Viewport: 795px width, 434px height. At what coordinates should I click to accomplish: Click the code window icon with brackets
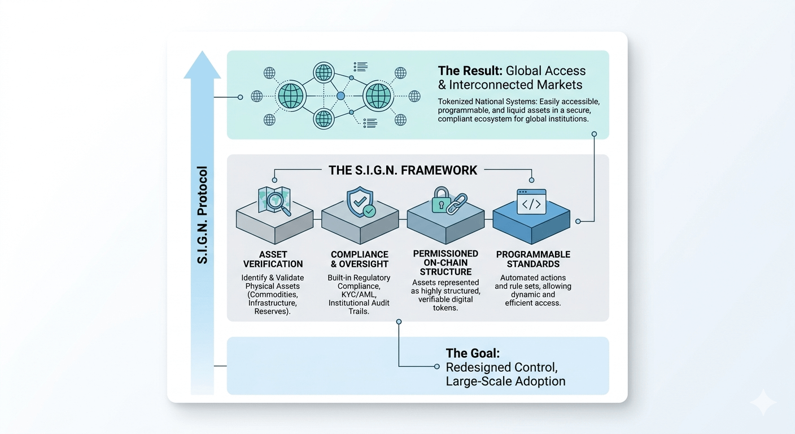(x=531, y=202)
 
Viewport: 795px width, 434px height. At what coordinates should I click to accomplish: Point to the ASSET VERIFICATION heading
(x=273, y=259)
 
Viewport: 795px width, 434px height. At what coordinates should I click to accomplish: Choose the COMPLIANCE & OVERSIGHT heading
(x=360, y=259)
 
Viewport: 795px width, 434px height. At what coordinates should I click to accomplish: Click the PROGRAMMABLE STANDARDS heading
(x=533, y=259)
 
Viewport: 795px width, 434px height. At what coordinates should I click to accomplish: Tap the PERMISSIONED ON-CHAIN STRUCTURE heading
(x=445, y=263)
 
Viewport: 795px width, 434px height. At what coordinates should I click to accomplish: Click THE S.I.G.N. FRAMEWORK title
(x=403, y=170)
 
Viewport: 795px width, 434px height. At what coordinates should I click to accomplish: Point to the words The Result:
(x=470, y=71)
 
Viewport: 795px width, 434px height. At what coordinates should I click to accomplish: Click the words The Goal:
(x=473, y=353)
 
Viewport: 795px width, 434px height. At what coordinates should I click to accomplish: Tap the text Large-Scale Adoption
(x=505, y=381)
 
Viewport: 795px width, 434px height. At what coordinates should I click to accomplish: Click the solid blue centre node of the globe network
(x=340, y=96)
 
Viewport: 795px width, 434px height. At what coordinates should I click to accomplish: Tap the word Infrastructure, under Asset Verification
(x=273, y=303)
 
